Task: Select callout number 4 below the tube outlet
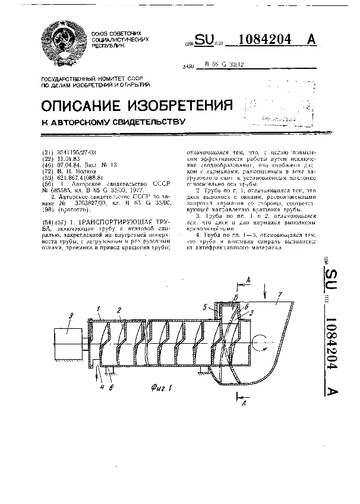pos(103,388)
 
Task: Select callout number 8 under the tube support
pos(111,388)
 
